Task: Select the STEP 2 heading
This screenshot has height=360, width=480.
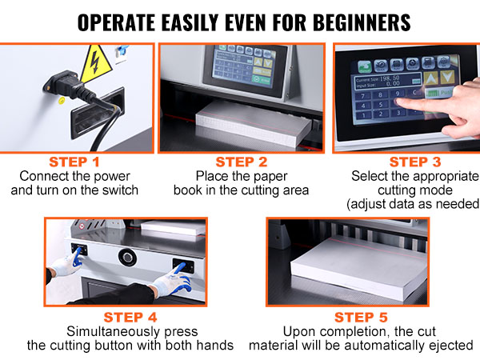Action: [x=241, y=161]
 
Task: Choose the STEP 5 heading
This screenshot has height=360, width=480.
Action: [x=360, y=317]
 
